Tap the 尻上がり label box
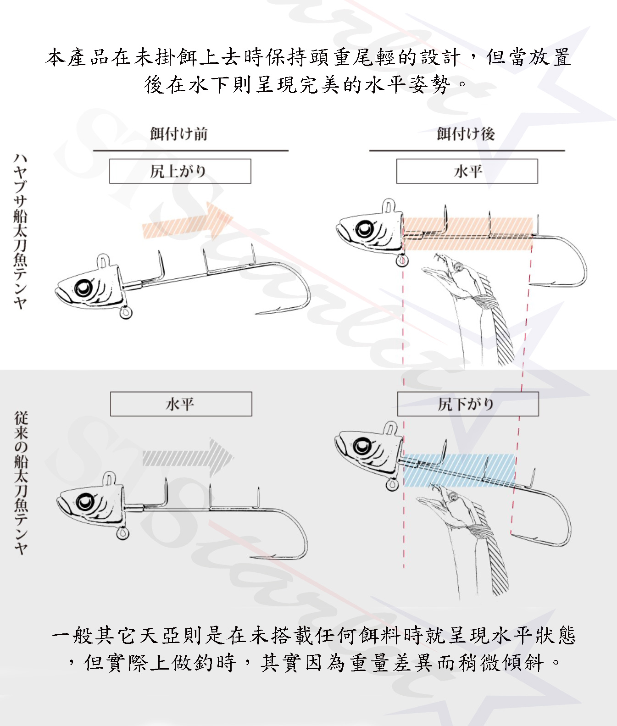tap(180, 171)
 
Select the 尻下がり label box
tap(467, 404)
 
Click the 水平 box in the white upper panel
tap(467, 171)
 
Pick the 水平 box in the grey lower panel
tap(181, 404)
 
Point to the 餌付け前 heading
tap(179, 134)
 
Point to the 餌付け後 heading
tap(466, 134)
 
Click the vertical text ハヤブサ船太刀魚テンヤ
tap(21, 232)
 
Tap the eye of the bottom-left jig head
tap(85, 502)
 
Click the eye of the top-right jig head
tap(365, 228)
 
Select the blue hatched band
tap(459, 470)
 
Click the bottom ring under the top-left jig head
tap(126, 313)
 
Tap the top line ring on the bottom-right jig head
tap(390, 428)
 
